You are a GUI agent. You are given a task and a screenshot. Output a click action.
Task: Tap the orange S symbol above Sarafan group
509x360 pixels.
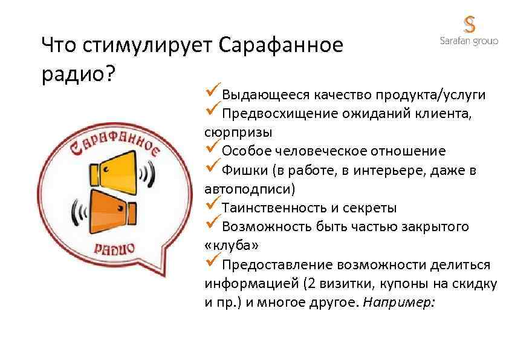pos(469,24)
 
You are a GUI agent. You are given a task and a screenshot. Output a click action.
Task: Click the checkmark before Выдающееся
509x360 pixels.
pos(212,93)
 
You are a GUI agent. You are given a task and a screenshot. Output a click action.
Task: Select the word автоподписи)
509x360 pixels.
pos(250,188)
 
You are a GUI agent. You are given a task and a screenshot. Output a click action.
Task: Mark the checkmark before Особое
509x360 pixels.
pos(212,149)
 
